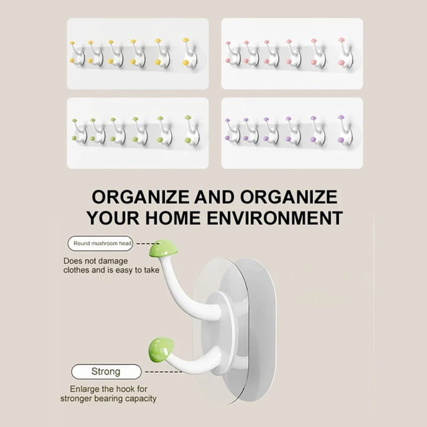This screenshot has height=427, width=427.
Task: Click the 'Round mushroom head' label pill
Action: click(100, 243)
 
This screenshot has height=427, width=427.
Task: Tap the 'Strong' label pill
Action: click(106, 371)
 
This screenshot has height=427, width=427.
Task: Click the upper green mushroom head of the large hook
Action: click(163, 248)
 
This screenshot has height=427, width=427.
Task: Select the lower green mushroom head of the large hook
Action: click(161, 350)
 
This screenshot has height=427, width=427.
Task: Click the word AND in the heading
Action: click(214, 197)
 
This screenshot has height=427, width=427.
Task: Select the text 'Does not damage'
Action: click(96, 261)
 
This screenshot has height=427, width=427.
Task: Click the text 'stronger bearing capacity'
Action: click(108, 399)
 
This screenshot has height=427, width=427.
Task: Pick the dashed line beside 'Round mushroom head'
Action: click(148, 244)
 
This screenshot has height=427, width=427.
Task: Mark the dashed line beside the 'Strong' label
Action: click(164, 372)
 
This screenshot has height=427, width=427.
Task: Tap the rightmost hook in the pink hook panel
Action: click(345, 53)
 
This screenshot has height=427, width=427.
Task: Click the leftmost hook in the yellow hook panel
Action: click(77, 53)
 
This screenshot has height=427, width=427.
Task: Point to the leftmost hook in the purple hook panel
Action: click(232, 131)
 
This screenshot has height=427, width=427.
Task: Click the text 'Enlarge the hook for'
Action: click(108, 389)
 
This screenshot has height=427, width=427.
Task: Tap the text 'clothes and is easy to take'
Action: click(112, 270)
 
